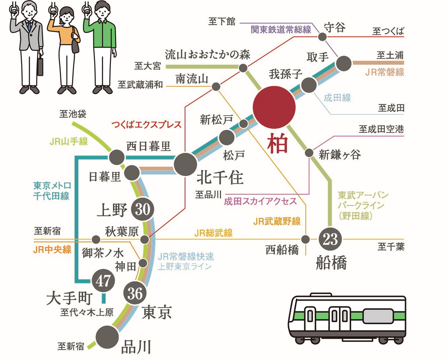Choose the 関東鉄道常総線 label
pyautogui.click(x=281, y=30)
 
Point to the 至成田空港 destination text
pyautogui.click(x=381, y=130)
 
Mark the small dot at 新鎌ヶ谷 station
pyautogui.click(x=309, y=153)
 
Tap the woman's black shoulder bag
pyautogui.click(x=75, y=45)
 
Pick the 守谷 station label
pyautogui.click(x=334, y=27)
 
